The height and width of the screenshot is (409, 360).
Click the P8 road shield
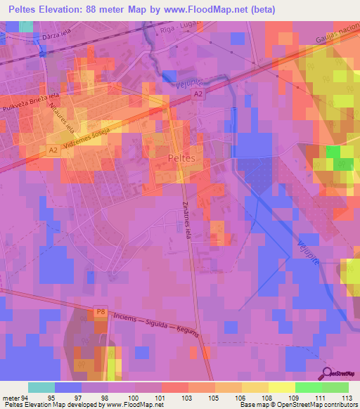(101, 311)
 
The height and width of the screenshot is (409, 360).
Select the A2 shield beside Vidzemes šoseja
(53, 150)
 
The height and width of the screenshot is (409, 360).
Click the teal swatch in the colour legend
(41, 387)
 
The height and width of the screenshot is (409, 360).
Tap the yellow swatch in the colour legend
(255, 387)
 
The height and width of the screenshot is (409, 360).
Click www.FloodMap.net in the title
(201, 10)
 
